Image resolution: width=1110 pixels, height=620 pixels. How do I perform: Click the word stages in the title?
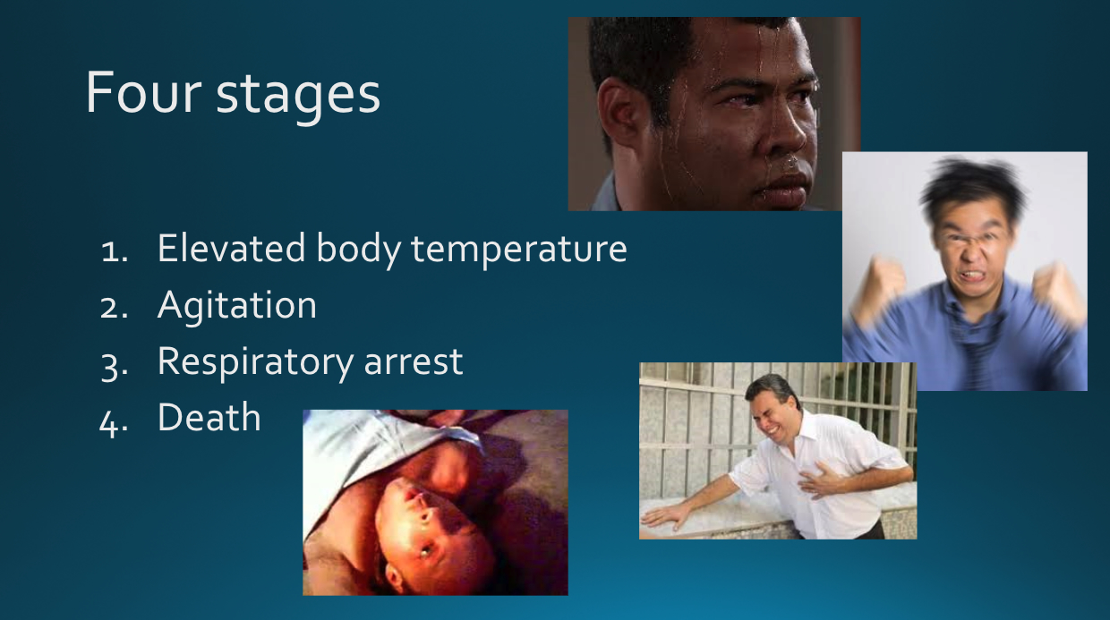coord(298,98)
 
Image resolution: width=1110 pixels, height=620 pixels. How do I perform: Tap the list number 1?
coord(114,251)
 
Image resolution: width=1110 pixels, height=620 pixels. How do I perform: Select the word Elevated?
coord(231,248)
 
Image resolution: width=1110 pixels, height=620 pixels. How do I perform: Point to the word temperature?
coord(519,251)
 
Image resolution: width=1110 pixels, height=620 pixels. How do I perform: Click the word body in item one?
coord(358,251)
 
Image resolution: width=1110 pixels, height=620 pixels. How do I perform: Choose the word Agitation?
coord(237,306)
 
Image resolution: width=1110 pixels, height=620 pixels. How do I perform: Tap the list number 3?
coord(114,367)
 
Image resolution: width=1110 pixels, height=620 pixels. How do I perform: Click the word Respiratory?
coord(256,363)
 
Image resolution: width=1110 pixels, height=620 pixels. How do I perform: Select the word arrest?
coord(414,363)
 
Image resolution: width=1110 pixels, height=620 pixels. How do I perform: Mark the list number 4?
coord(114,424)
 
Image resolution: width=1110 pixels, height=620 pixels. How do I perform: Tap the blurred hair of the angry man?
coord(972,184)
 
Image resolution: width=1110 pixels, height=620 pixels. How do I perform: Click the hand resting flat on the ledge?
coord(665,516)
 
